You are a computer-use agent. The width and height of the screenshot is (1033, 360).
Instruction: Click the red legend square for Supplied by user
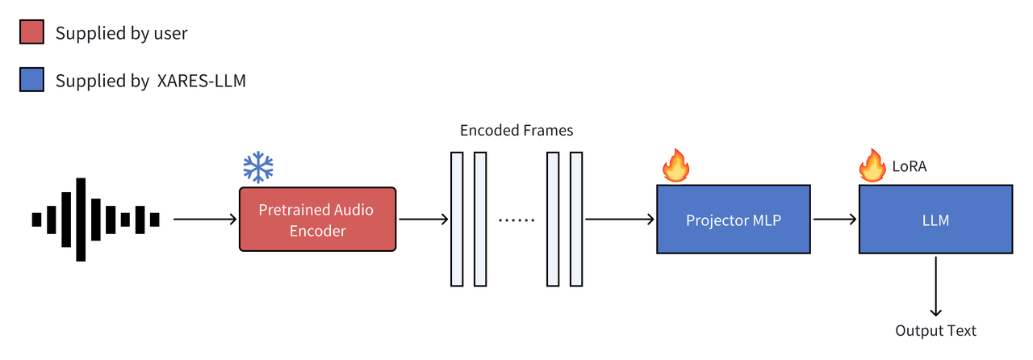(31, 33)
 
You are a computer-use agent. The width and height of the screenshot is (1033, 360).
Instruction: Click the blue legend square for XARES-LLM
(31, 80)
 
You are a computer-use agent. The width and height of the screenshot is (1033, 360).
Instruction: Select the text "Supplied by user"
(121, 34)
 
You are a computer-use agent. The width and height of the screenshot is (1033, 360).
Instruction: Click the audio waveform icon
(95, 219)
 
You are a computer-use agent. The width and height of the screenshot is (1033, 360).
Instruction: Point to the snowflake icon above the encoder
(258, 167)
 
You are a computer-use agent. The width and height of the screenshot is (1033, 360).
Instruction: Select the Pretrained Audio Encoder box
(317, 220)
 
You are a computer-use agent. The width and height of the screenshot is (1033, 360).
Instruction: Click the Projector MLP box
(733, 220)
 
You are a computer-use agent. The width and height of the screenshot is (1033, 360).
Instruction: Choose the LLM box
(935, 220)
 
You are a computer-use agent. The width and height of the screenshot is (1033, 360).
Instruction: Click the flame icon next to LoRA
(872, 166)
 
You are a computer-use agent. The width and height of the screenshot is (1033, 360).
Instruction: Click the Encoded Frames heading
(516, 130)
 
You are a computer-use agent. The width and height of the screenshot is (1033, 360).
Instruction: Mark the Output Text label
(935, 330)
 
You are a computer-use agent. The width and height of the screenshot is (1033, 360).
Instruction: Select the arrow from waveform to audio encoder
(206, 219)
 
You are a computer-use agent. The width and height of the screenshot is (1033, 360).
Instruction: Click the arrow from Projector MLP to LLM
(834, 219)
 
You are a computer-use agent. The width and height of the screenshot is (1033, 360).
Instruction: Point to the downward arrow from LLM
(935, 287)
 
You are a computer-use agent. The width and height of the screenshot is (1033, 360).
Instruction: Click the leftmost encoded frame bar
(457, 220)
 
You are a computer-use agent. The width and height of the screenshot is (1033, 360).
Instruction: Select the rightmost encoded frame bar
(575, 220)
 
